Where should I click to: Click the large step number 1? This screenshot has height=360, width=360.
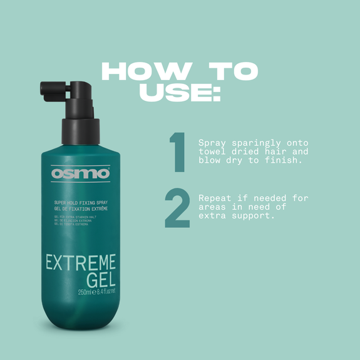[x=177, y=152]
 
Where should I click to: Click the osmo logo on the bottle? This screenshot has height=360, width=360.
[x=81, y=173]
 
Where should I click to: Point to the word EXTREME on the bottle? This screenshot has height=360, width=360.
[x=80, y=261]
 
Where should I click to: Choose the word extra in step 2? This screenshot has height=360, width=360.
[x=212, y=216]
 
